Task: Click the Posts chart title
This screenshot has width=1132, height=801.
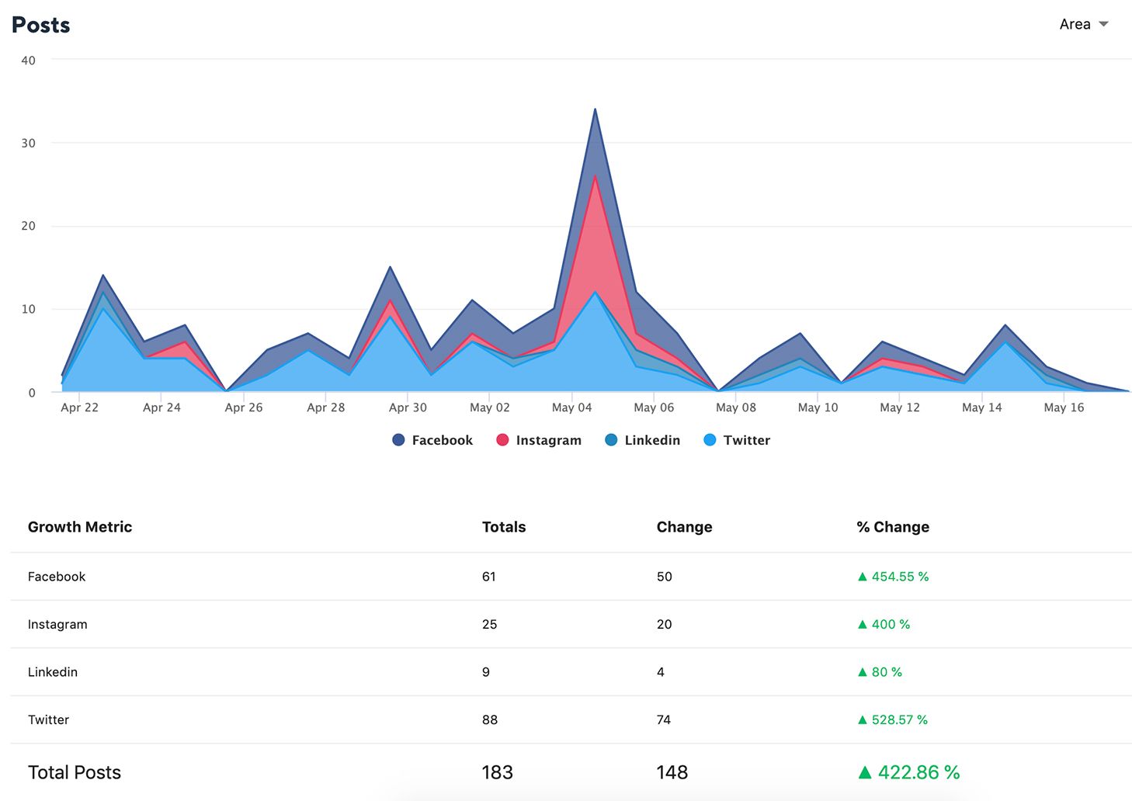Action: pyautogui.click(x=41, y=25)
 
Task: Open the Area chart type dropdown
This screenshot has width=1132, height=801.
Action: pyautogui.click(x=1083, y=24)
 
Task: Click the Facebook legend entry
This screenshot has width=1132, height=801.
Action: pyautogui.click(x=432, y=440)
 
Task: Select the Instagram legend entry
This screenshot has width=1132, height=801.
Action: pyautogui.click(x=538, y=440)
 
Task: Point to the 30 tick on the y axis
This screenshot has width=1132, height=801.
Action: pyautogui.click(x=29, y=143)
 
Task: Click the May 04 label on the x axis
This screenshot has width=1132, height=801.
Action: pyautogui.click(x=571, y=407)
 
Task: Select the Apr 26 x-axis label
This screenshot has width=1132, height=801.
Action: pyautogui.click(x=244, y=407)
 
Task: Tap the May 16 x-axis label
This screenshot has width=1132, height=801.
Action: pyautogui.click(x=1064, y=407)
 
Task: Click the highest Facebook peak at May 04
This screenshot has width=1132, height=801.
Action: pyautogui.click(x=595, y=109)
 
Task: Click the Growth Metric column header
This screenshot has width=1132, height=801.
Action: pyautogui.click(x=80, y=527)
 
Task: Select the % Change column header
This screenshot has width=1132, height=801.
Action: pyautogui.click(x=893, y=527)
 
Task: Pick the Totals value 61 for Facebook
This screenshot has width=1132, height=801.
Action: pyautogui.click(x=489, y=577)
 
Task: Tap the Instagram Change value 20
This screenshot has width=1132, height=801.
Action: pyautogui.click(x=664, y=624)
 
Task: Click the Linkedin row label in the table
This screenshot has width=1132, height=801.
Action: pyautogui.click(x=53, y=672)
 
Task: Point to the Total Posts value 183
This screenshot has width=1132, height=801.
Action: pyautogui.click(x=497, y=772)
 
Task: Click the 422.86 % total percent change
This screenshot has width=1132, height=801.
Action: pyautogui.click(x=909, y=772)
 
